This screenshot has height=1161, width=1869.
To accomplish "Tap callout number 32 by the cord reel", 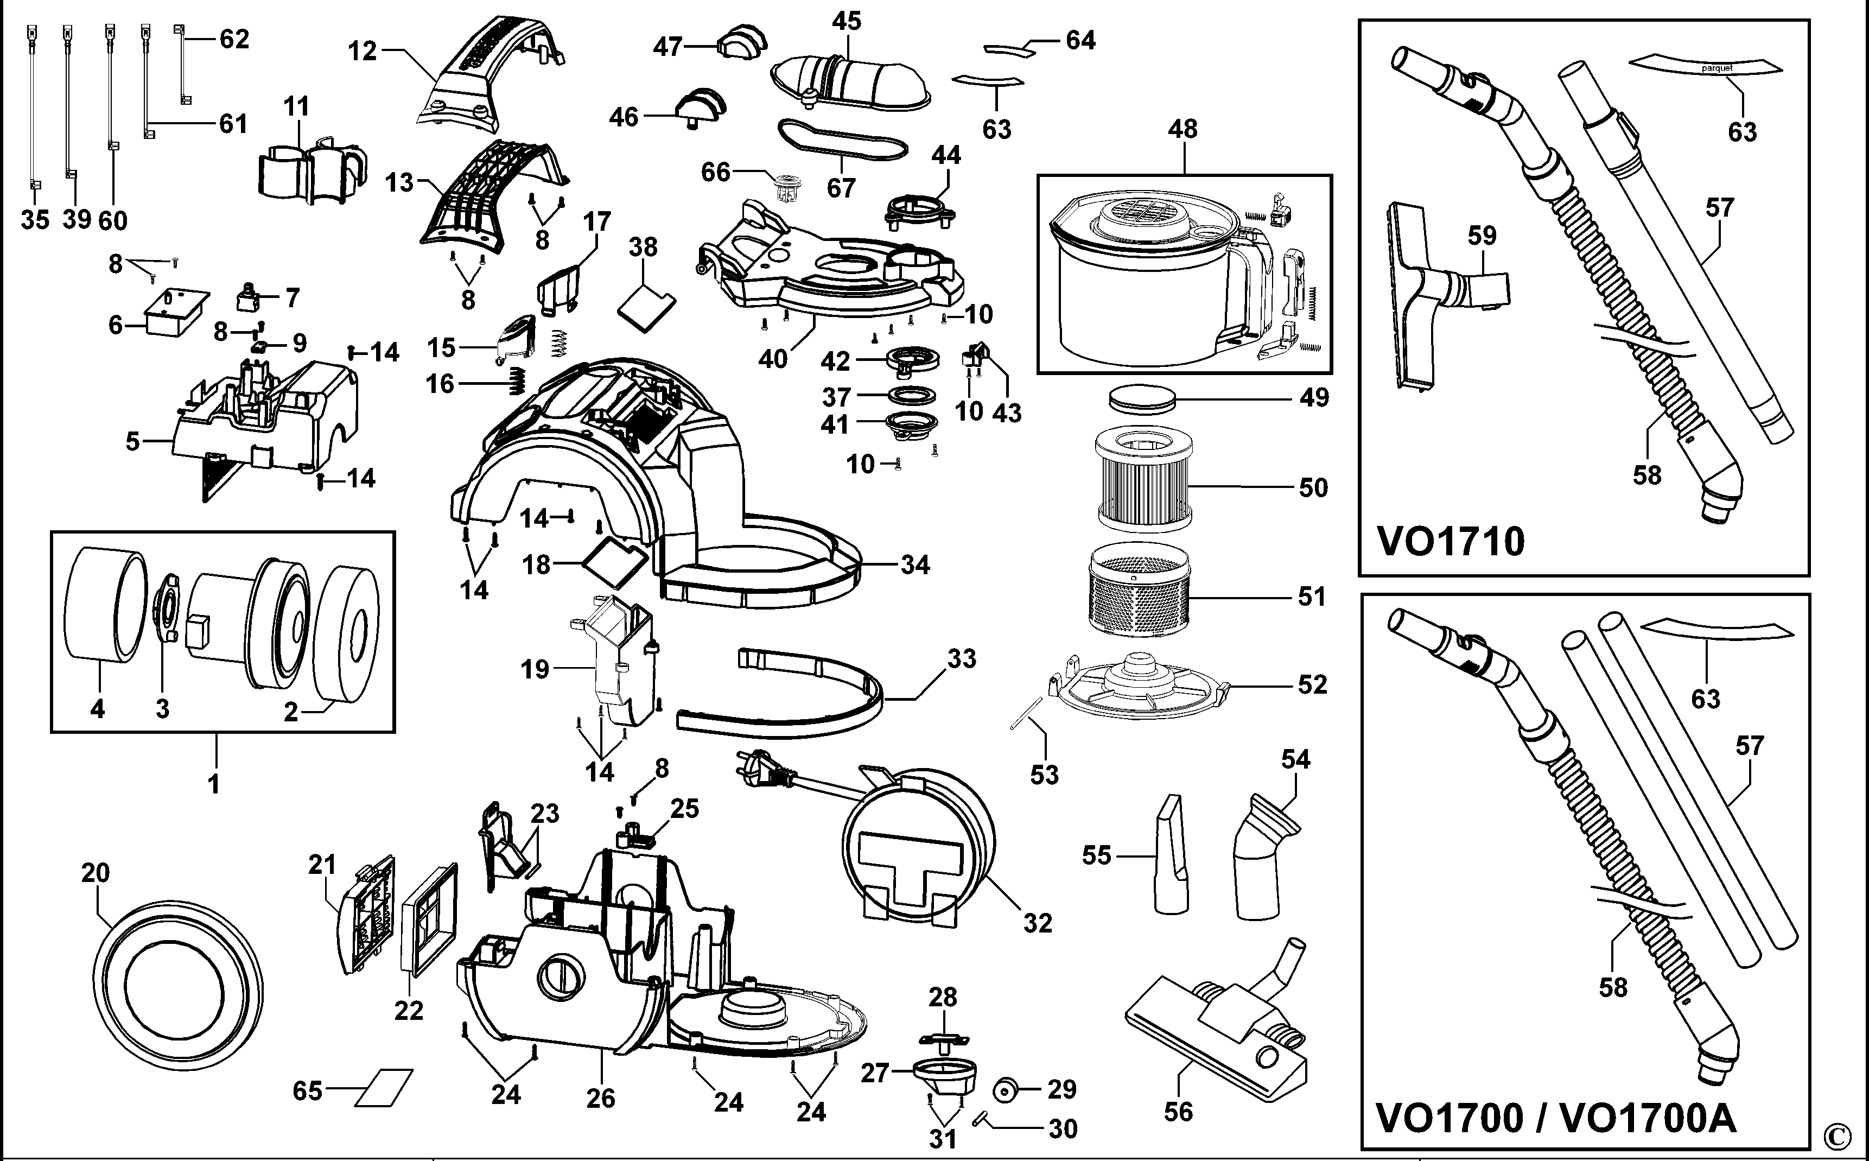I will click(1037, 923).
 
